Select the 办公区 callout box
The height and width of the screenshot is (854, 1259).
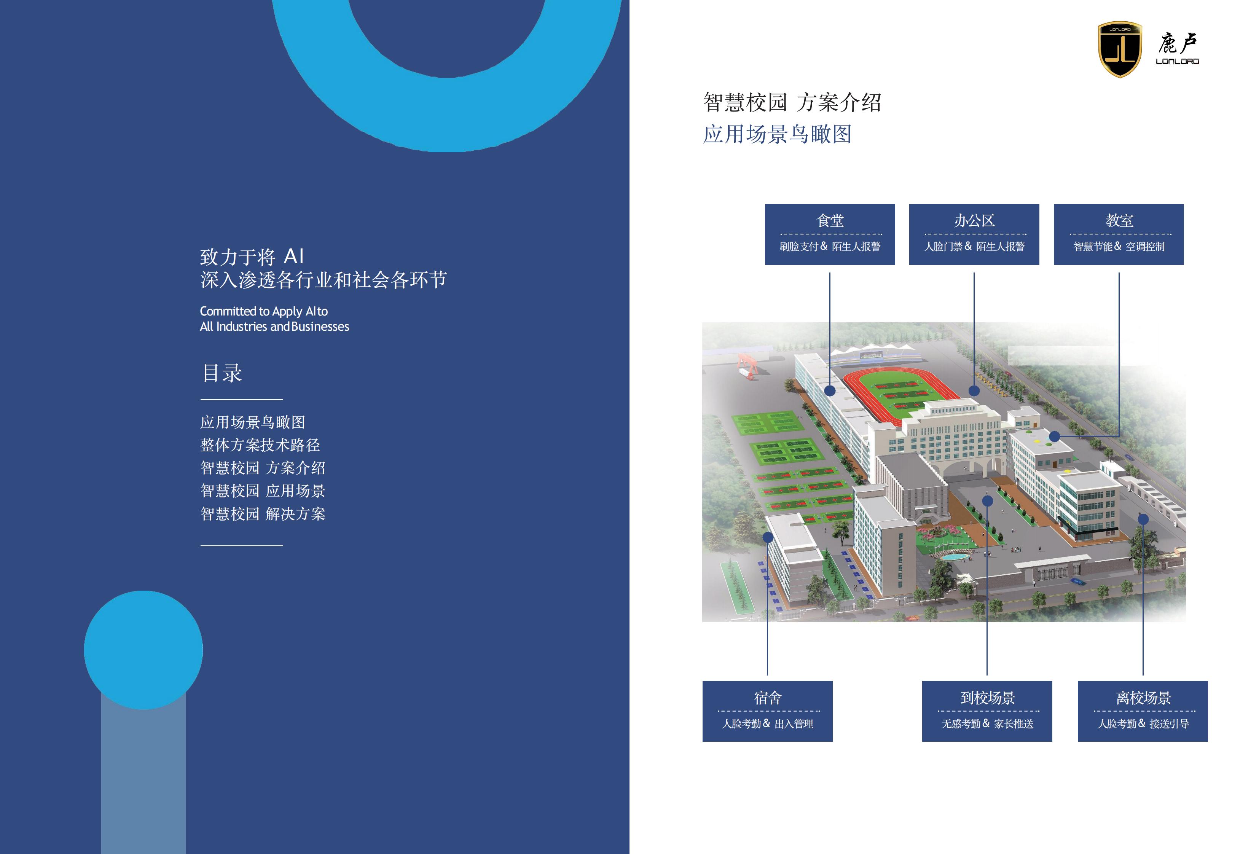[974, 234]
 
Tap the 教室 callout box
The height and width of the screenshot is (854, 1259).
[1119, 234]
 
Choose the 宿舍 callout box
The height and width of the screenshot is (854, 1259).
[767, 711]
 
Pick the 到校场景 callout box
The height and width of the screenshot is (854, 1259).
[987, 711]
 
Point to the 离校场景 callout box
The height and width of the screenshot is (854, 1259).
[1143, 711]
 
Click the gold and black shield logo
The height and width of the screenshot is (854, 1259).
[1120, 49]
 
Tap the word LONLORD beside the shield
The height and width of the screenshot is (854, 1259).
[1177, 61]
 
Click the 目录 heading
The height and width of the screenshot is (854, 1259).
[222, 373]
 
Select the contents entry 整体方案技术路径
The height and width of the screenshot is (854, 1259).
[260, 445]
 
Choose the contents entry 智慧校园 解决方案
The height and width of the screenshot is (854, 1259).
[263, 514]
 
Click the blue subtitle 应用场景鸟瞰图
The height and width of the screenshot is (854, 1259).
[778, 134]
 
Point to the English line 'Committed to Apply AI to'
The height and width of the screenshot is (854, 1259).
[264, 311]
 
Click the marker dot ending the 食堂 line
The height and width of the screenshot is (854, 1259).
[830, 390]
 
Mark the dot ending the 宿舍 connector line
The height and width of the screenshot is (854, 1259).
[768, 537]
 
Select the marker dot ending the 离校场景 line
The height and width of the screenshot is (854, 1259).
[1143, 519]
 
